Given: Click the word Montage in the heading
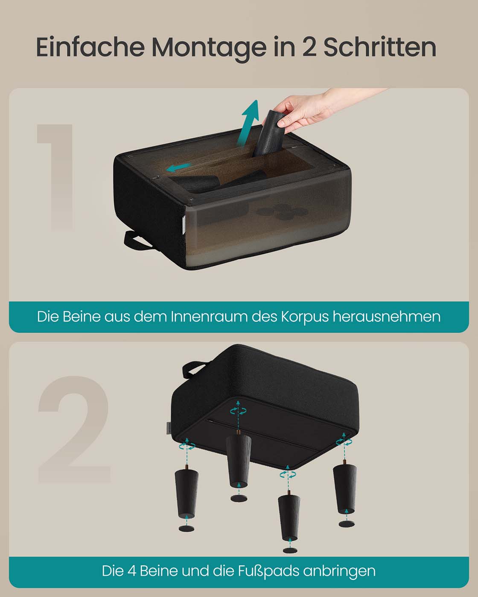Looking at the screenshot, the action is (x=209, y=47).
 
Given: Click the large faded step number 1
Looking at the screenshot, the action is (x=55, y=177).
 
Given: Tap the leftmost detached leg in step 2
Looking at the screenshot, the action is (x=187, y=493).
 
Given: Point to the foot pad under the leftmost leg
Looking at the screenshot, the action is (x=187, y=528).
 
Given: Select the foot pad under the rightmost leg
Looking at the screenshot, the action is (x=347, y=524).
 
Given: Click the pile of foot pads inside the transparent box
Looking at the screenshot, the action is (x=282, y=212).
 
